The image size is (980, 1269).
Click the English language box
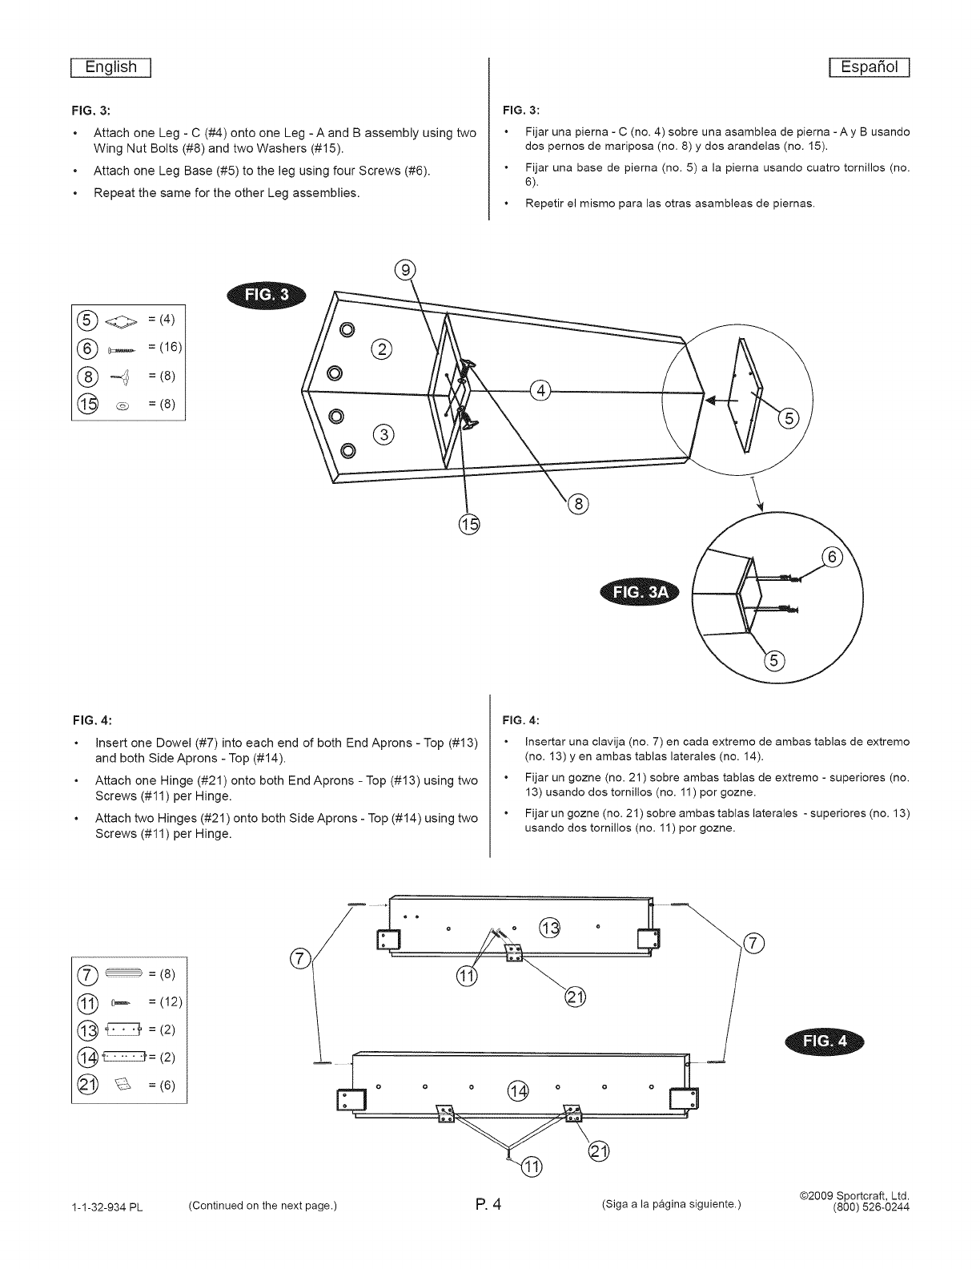(112, 67)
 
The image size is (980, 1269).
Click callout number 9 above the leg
(408, 270)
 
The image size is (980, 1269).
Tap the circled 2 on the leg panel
(384, 348)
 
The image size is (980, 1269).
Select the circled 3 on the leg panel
(385, 435)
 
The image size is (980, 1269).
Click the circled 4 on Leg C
(540, 392)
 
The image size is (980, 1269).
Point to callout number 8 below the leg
(577, 504)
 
